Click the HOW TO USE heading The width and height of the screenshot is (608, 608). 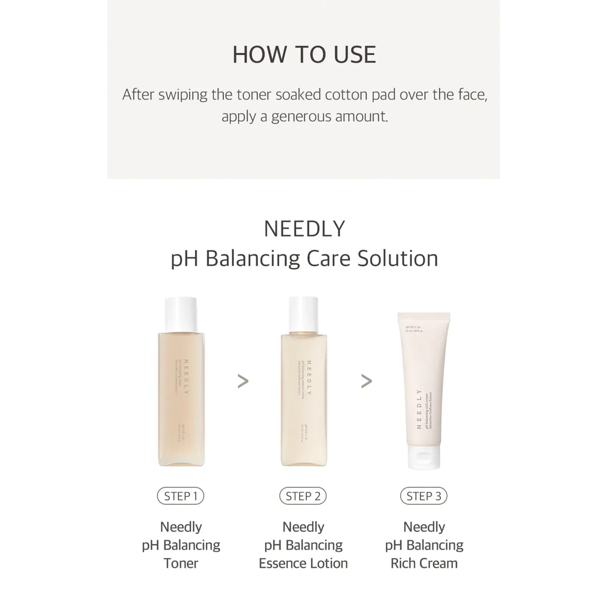point(304,55)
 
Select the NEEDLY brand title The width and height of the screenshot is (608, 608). point(304,229)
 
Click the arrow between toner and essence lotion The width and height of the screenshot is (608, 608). point(243,381)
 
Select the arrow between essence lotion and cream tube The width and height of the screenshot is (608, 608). point(366,381)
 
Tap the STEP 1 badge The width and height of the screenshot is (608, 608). point(181,496)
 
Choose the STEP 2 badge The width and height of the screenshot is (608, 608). point(303,496)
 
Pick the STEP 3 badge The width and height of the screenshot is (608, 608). point(424,496)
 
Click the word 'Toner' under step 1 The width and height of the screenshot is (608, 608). point(181,563)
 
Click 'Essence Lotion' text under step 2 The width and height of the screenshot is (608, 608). point(303,563)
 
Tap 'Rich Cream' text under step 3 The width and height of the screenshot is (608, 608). point(424,563)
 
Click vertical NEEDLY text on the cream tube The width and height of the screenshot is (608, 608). point(419,409)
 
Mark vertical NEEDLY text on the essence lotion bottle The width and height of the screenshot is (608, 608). point(309,377)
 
